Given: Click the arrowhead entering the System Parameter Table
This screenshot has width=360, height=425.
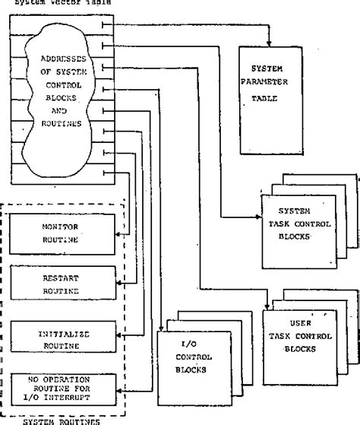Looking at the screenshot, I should coord(269,43).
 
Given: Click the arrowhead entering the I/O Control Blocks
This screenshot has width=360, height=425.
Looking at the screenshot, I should coord(162,328).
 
